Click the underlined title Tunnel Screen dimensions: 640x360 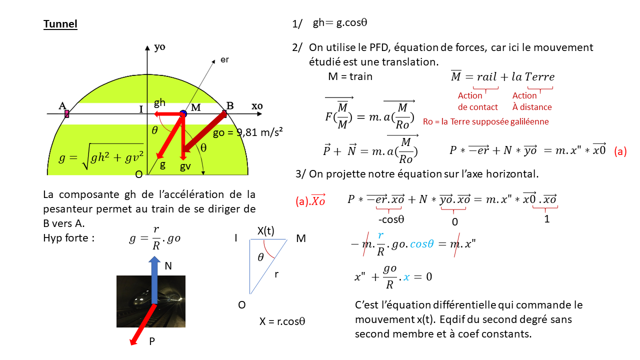tap(60, 24)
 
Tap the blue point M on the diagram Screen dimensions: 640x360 tap(183, 113)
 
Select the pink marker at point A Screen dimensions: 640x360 tap(67, 114)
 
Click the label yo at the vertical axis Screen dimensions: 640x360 tap(159, 47)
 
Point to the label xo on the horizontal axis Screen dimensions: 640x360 tap(257, 106)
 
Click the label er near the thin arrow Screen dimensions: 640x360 tap(224, 59)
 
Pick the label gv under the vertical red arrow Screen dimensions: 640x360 tap(185, 166)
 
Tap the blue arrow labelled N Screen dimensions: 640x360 tap(154, 279)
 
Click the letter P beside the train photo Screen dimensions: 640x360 tap(152, 341)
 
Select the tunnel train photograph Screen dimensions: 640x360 tap(151, 301)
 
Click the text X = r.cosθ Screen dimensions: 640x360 tap(282, 321)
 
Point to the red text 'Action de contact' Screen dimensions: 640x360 tap(477, 101)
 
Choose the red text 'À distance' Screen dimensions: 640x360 tap(532, 107)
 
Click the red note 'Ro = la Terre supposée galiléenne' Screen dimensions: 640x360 tap(485, 121)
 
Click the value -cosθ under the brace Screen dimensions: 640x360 tap(391, 219)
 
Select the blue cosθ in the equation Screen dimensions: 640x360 tap(422, 243)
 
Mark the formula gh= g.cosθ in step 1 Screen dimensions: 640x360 tap(339, 22)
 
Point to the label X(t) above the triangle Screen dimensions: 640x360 tap(265, 230)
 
